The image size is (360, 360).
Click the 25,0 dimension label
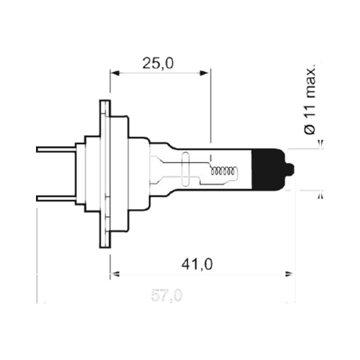158,63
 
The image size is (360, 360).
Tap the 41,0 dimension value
197,264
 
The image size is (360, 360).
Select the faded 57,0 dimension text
167,296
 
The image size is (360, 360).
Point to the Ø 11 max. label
310,99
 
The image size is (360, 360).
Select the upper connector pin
56,149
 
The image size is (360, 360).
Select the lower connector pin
56,198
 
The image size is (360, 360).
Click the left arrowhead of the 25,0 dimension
115,73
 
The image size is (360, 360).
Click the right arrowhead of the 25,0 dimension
204,73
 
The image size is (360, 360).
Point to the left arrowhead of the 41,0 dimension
115,274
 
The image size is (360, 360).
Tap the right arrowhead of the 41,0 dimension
289,274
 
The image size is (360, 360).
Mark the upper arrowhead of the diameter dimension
321,144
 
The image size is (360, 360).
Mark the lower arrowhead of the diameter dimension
321,195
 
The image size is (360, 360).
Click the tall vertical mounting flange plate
105,174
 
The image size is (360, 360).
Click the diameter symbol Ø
310,130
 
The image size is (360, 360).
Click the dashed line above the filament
210,153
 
